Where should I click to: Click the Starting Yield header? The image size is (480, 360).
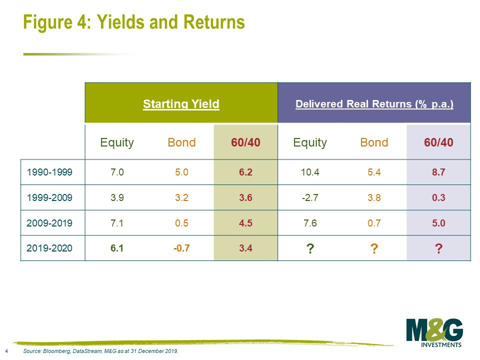[x=181, y=104]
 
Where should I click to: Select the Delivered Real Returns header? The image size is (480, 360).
[x=374, y=104]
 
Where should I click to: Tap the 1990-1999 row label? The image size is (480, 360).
[x=49, y=172]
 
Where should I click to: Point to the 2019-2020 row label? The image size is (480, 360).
[x=49, y=248]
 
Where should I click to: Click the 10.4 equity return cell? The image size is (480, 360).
[x=310, y=172]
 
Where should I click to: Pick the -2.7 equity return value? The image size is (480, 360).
[x=310, y=197]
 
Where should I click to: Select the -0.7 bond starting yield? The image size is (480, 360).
[x=181, y=248]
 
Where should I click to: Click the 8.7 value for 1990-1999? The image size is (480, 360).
[x=438, y=172]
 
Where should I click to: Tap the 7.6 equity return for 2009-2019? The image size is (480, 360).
[x=310, y=223]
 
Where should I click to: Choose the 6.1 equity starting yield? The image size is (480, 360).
[x=117, y=248]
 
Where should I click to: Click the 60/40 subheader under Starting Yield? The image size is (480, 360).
[x=245, y=142]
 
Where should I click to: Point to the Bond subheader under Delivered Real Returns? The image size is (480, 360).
[x=374, y=142]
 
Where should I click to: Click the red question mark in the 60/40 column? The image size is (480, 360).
[x=438, y=248]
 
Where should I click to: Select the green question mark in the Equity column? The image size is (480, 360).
[x=310, y=248]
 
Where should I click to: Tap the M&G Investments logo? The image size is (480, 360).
[x=434, y=333]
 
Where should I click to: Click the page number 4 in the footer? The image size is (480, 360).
[x=6, y=351]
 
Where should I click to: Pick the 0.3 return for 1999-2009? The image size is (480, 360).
[x=438, y=197]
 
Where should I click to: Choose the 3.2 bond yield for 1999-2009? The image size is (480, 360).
[x=181, y=197]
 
